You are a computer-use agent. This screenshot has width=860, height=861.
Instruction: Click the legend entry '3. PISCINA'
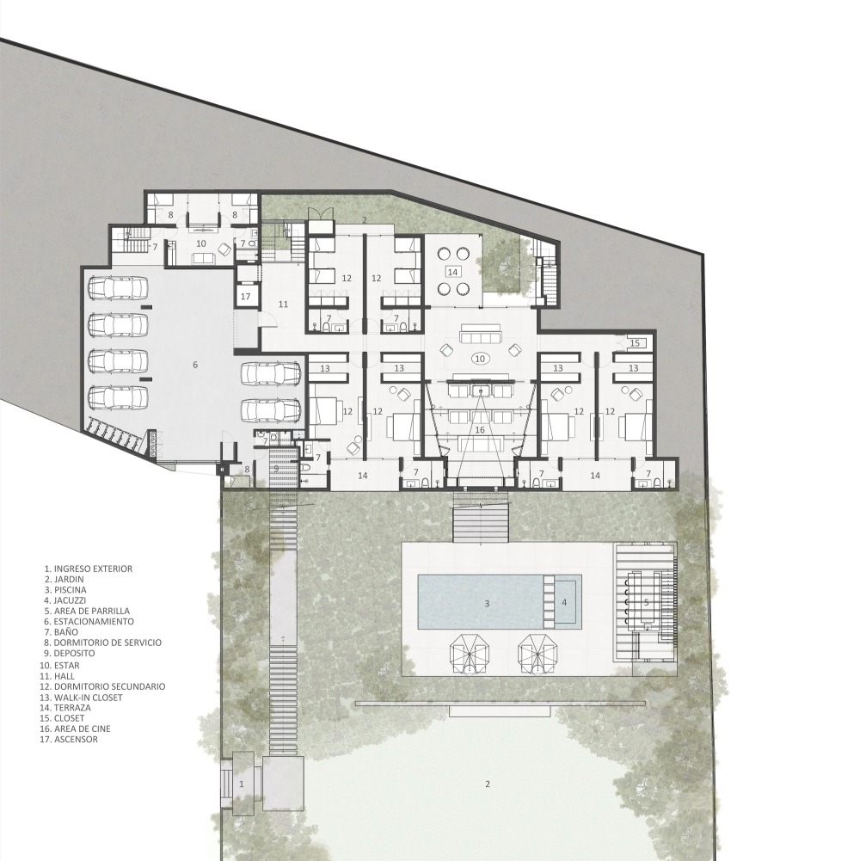[x=65, y=590]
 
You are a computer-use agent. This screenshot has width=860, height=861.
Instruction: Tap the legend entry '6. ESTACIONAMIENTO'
[x=89, y=622]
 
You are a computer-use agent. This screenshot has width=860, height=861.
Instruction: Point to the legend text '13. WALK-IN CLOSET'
[x=82, y=698]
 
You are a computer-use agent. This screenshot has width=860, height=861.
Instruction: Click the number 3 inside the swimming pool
[x=487, y=604]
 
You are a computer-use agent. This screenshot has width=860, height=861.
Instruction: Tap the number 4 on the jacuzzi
[x=564, y=602]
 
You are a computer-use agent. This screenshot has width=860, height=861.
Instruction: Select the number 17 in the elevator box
[x=245, y=297]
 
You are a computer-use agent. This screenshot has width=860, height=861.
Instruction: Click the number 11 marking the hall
[x=284, y=304]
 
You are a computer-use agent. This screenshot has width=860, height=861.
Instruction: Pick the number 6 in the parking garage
[x=195, y=365]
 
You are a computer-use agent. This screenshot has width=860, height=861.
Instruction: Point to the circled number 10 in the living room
[x=480, y=359]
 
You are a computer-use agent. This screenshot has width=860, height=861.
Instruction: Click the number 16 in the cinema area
[x=480, y=429]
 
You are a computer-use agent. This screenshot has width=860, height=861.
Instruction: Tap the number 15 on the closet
[x=635, y=343]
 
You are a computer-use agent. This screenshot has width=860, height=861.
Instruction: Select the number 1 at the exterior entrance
[x=241, y=784]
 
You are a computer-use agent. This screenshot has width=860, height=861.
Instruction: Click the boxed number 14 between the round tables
[x=452, y=272]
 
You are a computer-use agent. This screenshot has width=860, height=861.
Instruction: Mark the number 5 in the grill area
[x=647, y=602]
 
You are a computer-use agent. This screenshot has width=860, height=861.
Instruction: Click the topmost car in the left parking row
[x=119, y=288]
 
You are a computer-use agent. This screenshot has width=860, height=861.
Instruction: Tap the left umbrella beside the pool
[x=470, y=655]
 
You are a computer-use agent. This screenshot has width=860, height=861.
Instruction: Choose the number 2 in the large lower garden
[x=487, y=784]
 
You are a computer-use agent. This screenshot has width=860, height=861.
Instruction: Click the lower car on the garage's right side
[x=271, y=410]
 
